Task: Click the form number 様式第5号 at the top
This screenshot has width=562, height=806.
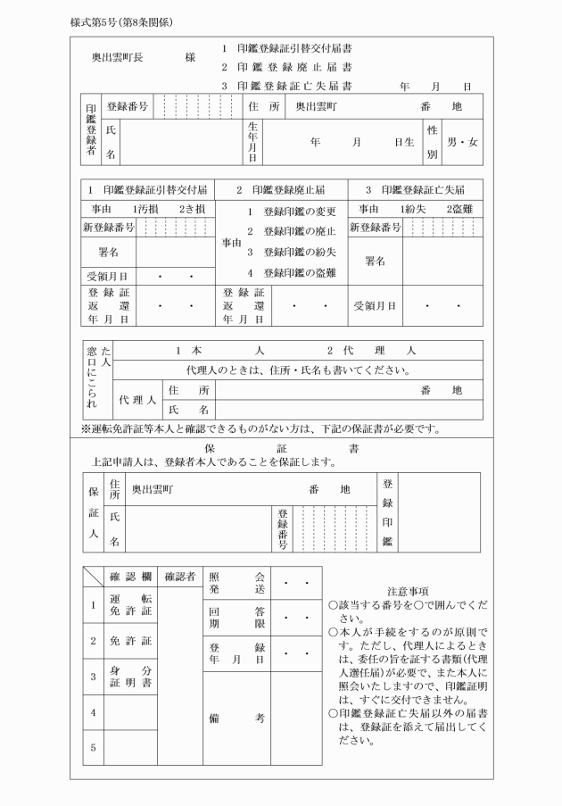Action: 92,21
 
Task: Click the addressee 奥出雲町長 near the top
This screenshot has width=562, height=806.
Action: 119,56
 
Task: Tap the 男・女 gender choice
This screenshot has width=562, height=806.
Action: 462,142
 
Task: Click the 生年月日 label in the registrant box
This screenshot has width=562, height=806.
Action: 252,142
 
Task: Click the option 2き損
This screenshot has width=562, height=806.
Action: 192,209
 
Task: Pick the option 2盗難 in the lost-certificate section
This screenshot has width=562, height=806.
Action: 452,209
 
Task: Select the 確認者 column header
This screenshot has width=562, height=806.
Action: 180,577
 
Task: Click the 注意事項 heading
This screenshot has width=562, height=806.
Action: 409,591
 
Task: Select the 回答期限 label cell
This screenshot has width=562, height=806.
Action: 237,618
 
